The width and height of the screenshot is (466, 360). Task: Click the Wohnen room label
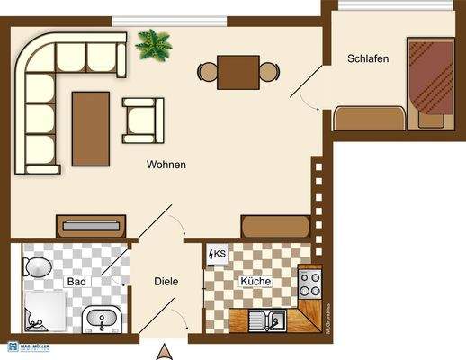(166, 166)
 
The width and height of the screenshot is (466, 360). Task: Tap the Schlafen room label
(368, 59)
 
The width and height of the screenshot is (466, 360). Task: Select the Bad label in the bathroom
(76, 282)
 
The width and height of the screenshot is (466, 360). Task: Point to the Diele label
(166, 282)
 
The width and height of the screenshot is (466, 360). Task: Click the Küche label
(255, 282)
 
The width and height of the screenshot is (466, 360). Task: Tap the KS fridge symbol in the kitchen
(217, 255)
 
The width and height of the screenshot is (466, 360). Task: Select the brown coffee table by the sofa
(90, 128)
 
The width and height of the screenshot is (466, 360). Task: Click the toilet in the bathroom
(38, 266)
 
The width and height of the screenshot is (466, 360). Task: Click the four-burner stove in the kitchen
(310, 284)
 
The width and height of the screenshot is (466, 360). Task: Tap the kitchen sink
(266, 318)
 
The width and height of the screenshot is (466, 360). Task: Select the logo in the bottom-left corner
(24, 347)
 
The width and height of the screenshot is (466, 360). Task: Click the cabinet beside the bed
(369, 118)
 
